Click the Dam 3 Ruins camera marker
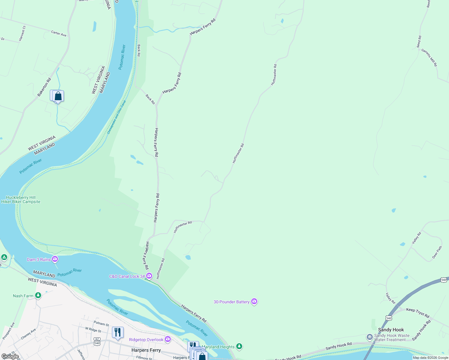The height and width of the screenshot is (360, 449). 55,259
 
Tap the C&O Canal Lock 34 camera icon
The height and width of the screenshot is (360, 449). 149,276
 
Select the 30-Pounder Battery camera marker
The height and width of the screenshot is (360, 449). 254,301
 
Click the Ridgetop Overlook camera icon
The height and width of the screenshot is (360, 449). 168,339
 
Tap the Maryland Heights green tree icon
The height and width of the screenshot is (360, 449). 239,346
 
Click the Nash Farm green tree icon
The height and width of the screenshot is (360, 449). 38,295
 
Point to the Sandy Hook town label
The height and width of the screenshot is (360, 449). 391,330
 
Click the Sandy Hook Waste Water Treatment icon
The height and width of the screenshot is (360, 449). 370,337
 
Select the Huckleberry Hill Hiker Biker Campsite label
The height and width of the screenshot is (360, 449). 21,199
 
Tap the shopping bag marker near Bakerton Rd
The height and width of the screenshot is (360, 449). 58,96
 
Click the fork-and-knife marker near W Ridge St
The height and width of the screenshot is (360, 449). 117,332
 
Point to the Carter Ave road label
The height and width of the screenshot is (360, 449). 59,34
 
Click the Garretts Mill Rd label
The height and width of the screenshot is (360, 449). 429,58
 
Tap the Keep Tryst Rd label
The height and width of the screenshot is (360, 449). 417,312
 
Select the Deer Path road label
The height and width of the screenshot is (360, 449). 437,253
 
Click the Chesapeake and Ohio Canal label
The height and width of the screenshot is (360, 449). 117,117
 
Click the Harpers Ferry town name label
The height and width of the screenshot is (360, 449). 146,350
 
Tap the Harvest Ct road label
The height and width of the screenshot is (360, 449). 22,34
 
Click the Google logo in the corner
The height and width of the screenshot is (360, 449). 10,356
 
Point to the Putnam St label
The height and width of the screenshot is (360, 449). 101,324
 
